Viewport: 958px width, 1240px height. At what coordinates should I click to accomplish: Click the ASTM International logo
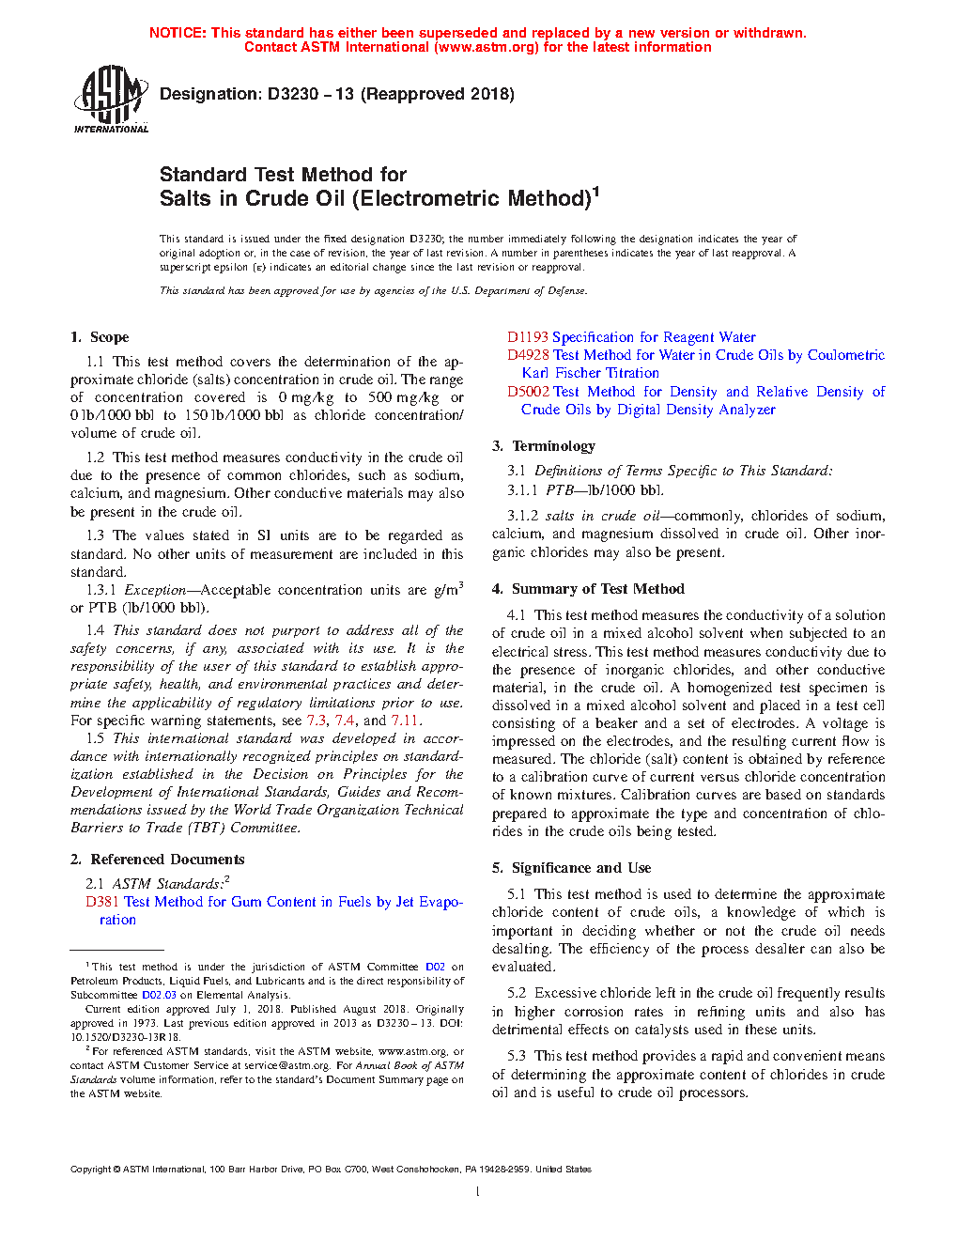(111, 99)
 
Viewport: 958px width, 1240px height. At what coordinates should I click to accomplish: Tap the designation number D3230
(293, 94)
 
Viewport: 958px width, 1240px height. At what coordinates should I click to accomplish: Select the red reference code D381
(102, 902)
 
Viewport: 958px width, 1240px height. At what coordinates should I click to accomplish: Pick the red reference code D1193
(528, 337)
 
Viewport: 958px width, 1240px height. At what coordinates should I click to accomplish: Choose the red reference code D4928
(528, 355)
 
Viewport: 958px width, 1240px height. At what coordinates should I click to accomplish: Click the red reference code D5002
(528, 392)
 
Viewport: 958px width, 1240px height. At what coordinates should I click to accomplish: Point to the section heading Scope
(109, 337)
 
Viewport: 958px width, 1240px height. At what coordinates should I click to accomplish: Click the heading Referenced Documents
(167, 860)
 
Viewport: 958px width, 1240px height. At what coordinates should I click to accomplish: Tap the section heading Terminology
(553, 446)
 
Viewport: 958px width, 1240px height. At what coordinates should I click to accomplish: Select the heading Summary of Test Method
(597, 589)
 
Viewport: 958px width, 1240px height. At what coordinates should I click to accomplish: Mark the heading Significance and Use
(580, 868)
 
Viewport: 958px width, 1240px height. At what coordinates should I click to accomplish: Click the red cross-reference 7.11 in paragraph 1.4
(406, 721)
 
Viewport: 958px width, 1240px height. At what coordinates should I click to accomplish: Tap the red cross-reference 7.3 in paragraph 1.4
(317, 721)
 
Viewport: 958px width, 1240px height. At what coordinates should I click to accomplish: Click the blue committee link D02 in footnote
(435, 967)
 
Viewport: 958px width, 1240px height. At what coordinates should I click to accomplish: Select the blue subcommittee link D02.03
(159, 995)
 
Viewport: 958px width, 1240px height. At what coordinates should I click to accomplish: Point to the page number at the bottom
(478, 1192)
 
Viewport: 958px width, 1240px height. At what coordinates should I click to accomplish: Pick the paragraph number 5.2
(517, 993)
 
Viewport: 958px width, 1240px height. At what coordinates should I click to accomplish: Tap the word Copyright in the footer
(91, 1170)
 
